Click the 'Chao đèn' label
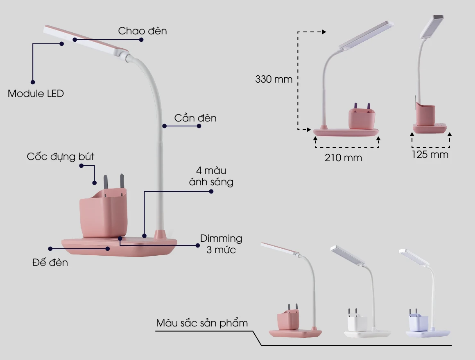coord(142,31)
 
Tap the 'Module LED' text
coord(36,94)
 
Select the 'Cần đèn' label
coord(195,118)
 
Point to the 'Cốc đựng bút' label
coord(60,157)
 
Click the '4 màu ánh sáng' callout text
coord(211,176)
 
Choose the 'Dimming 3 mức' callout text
coord(221,244)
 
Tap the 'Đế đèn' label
coord(50,262)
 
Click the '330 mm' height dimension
coord(274,79)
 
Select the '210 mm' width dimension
coord(343,157)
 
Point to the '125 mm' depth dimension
coord(430,155)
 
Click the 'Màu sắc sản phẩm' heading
coord(202,323)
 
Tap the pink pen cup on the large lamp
coord(103,213)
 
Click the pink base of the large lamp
coord(119,247)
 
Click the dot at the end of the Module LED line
coord(33,82)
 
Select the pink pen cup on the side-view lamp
coord(425,115)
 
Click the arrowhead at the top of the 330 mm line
coord(324,32)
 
